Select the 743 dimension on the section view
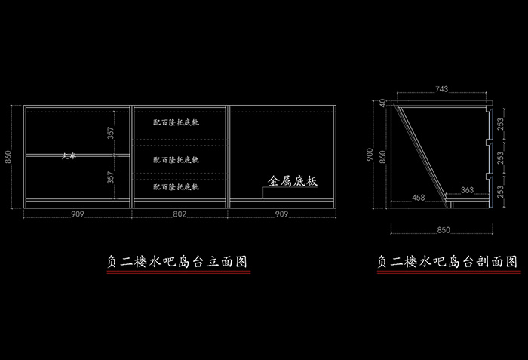coord(441,90)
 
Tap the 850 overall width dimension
coord(444,229)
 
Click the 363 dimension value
coord(467,191)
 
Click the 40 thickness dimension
coord(382,103)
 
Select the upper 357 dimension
coord(111,133)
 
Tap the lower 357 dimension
coord(111,178)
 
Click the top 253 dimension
coord(500,125)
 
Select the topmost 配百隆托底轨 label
coord(176,122)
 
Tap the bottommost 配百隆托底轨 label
coord(176,186)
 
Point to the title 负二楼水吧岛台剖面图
coord(447,262)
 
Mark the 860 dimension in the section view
coord(382,157)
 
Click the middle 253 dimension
coord(500,157)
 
